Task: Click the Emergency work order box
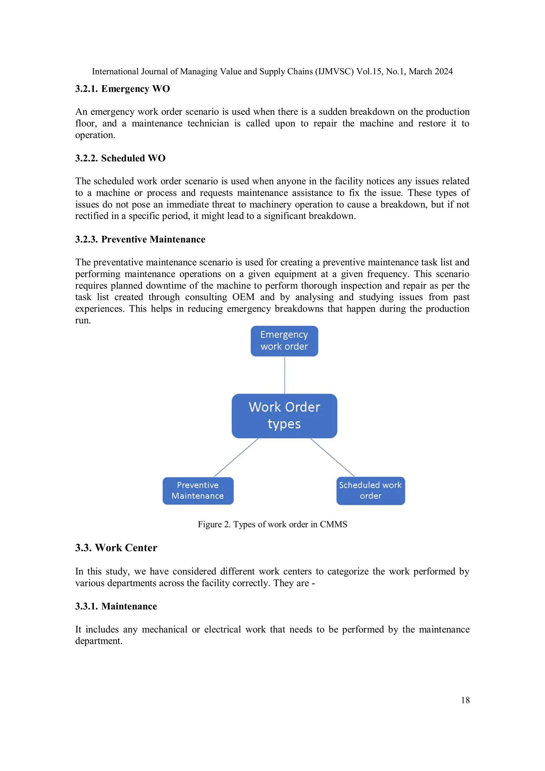click(284, 341)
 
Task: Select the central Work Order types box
click(284, 416)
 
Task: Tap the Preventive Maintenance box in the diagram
click(198, 490)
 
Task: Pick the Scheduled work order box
click(370, 490)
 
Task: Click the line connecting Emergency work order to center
click(285, 375)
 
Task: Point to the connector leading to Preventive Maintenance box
click(236, 457)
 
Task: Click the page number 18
click(465, 700)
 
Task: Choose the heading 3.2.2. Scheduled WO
click(120, 158)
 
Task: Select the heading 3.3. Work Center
click(116, 548)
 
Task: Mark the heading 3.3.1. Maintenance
click(116, 606)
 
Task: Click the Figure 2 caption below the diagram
click(272, 524)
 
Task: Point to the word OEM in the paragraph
click(243, 297)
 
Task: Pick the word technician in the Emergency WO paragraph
click(208, 123)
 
